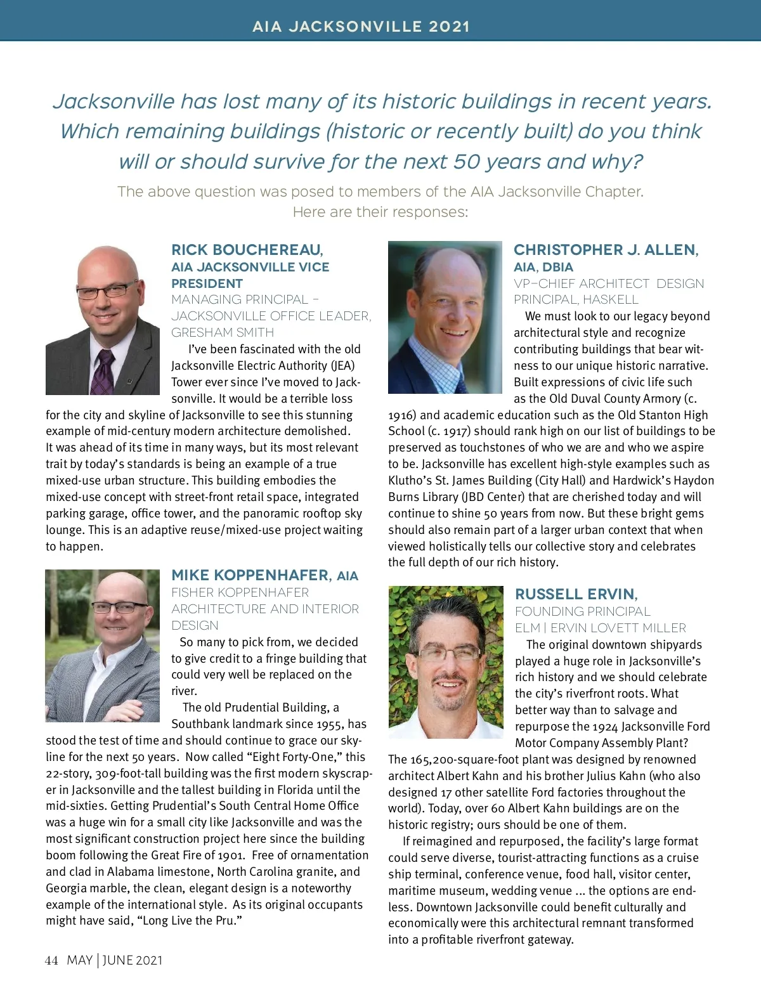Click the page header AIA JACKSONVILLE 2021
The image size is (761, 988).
click(361, 27)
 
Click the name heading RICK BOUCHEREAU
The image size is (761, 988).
click(247, 250)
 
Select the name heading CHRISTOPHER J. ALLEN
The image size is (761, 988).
click(606, 250)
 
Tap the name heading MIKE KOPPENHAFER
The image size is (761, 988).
click(250, 575)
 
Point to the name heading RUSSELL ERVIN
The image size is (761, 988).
click(576, 594)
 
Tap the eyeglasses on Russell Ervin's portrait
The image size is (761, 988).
click(449, 653)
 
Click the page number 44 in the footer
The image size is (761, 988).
click(51, 960)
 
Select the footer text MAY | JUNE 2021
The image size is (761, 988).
click(115, 960)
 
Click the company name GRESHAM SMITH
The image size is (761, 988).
click(223, 332)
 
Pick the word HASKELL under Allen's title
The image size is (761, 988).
click(611, 299)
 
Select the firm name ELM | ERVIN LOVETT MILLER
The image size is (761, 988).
click(600, 628)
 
